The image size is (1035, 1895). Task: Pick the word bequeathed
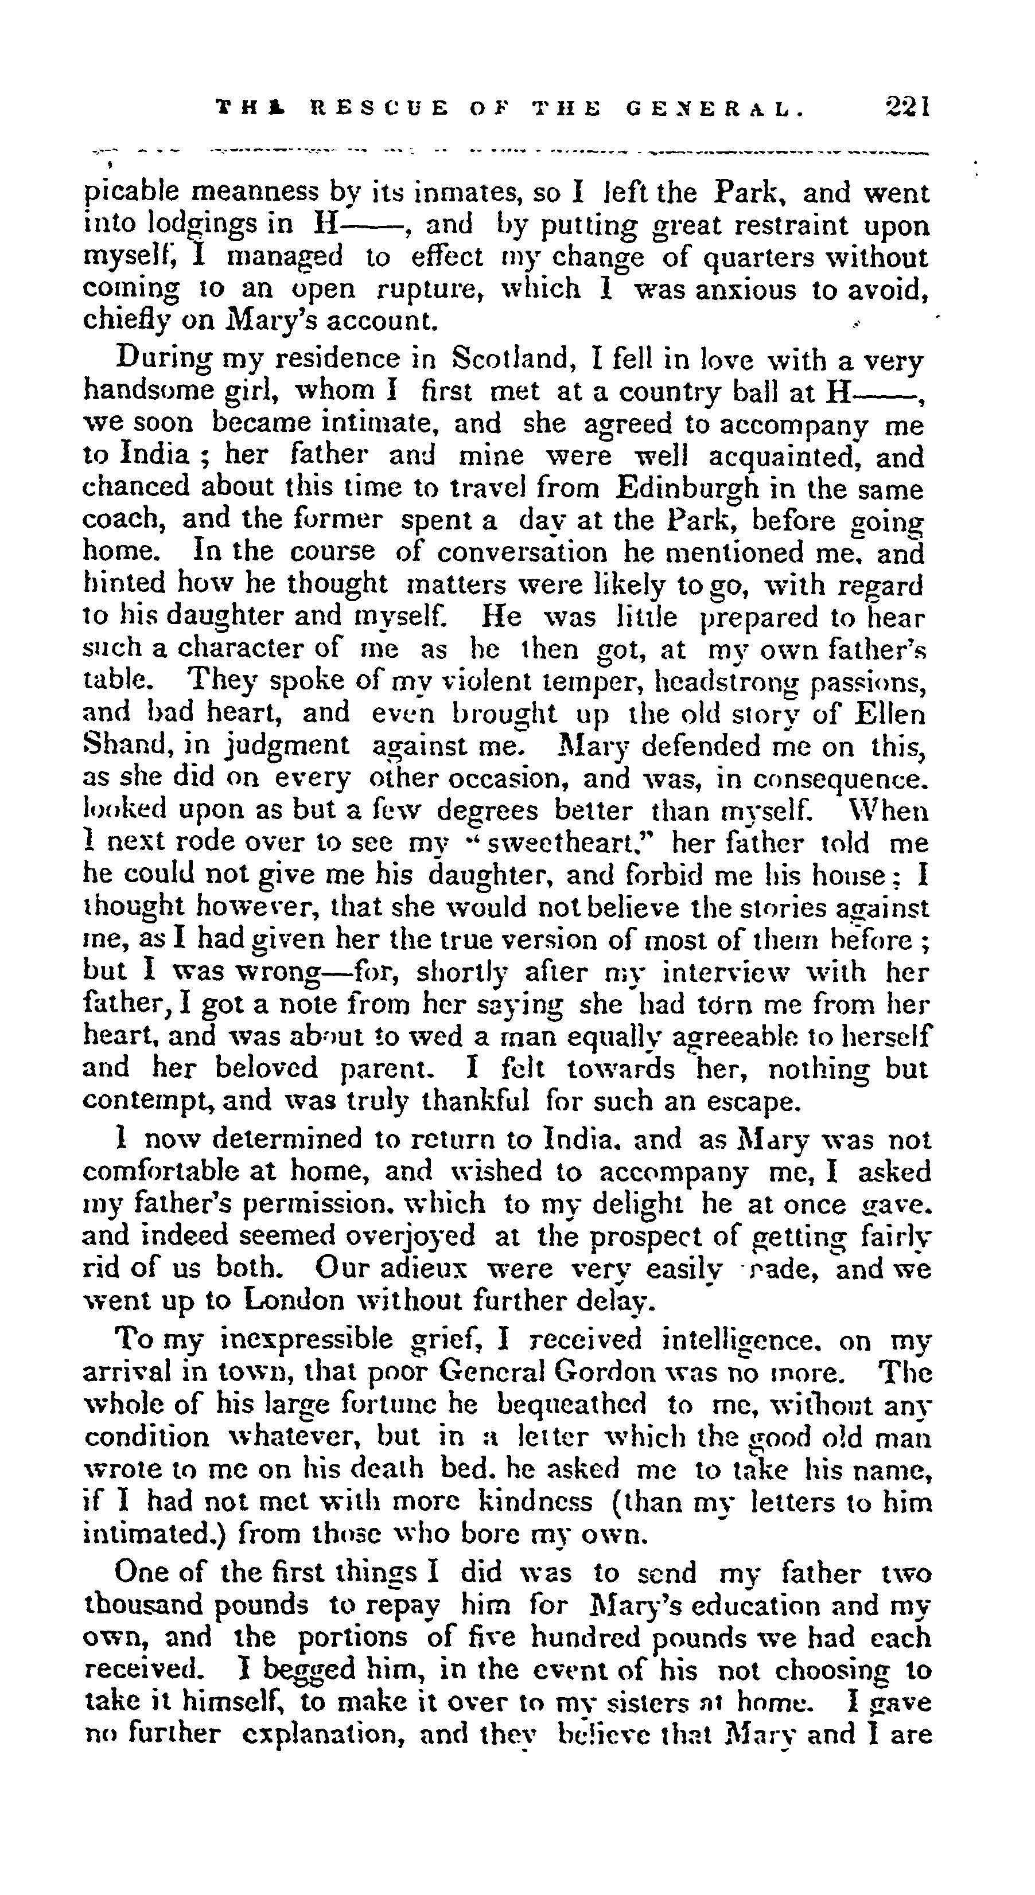point(573,1404)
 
